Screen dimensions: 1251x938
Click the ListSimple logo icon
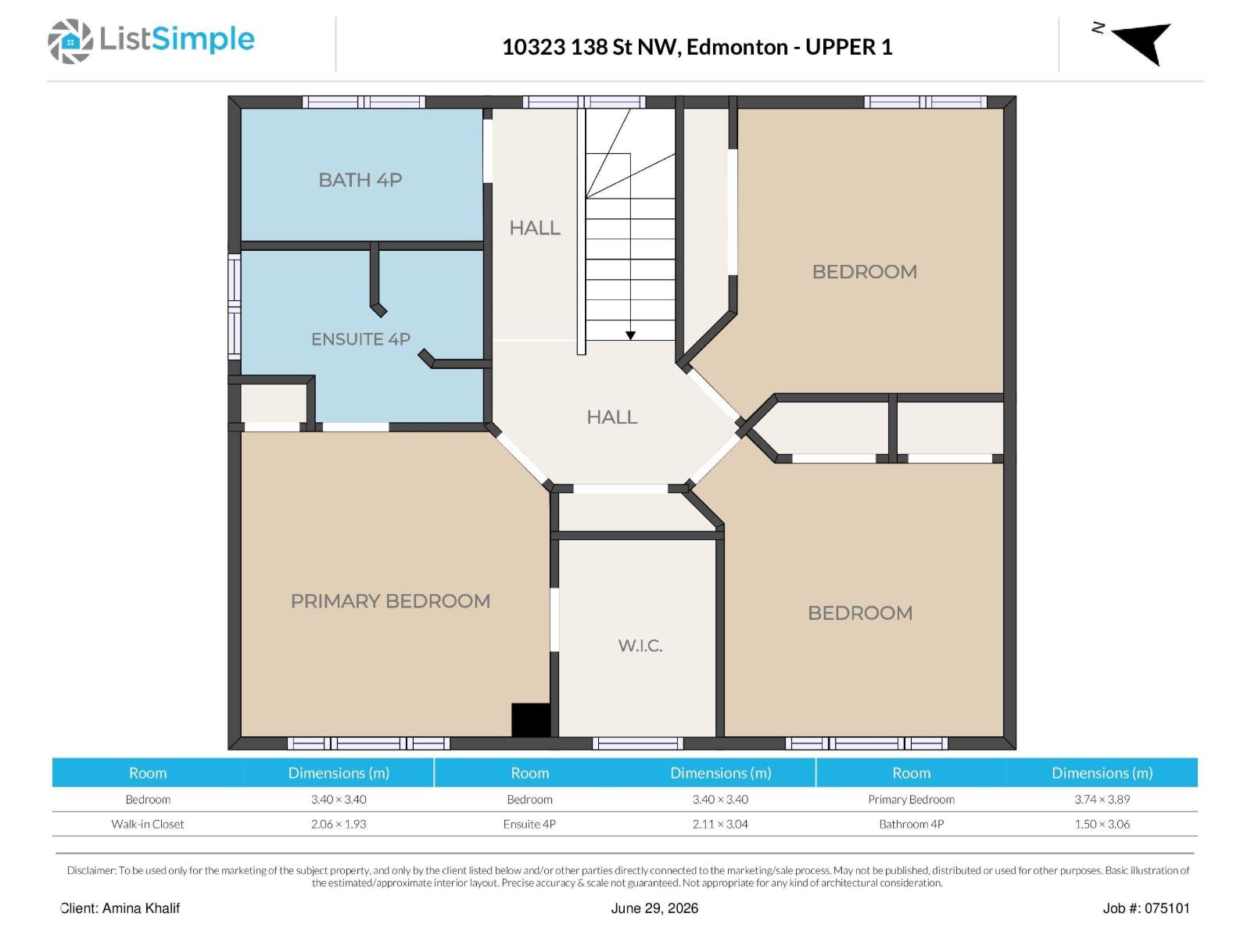click(x=70, y=41)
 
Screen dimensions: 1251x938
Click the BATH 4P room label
click(x=360, y=180)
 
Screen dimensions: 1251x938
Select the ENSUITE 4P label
click(x=360, y=339)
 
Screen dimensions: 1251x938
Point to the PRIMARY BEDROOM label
click(x=390, y=601)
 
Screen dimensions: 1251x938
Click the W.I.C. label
click(x=640, y=646)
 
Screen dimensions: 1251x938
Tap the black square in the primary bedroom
click(x=530, y=721)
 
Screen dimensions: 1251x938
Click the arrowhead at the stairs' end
click(x=630, y=335)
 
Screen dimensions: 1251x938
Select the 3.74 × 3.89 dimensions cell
click(x=1102, y=799)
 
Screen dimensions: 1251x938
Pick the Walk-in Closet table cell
click(x=148, y=824)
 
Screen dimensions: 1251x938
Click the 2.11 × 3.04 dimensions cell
click(x=720, y=824)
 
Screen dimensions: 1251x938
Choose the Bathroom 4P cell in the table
click(x=912, y=824)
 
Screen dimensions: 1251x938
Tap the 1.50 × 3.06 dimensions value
click(x=1102, y=824)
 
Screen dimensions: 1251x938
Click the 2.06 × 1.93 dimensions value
click(x=339, y=824)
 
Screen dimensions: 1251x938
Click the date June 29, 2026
click(x=654, y=908)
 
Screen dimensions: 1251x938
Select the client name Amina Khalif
click(x=141, y=908)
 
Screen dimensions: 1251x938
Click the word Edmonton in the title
click(x=737, y=47)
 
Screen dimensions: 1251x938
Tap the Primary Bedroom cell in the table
click(x=912, y=799)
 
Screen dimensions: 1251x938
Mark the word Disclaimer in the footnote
click(x=91, y=870)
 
